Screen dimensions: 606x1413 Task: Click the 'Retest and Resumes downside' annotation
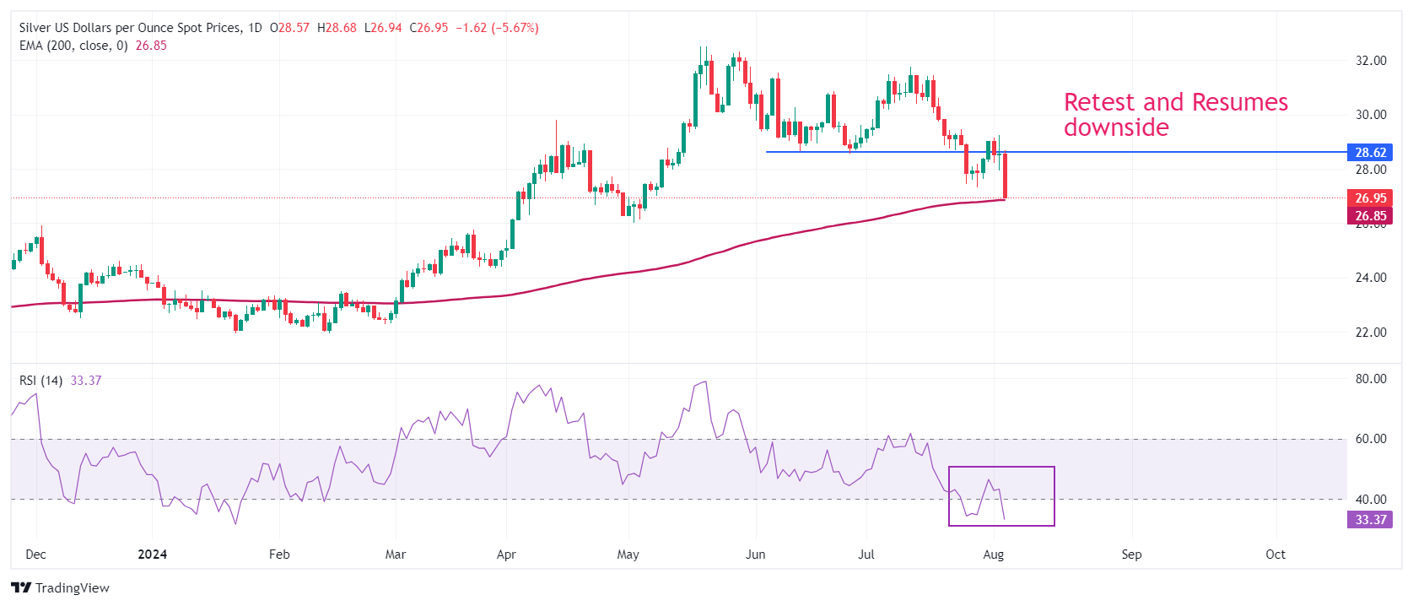[x=1175, y=115]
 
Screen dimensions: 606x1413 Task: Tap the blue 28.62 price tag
[x=1370, y=153]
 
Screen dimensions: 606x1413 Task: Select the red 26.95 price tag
[x=1370, y=198]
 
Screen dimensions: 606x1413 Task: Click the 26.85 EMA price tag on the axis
[x=1370, y=216]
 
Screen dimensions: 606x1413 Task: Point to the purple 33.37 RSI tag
[x=1370, y=520]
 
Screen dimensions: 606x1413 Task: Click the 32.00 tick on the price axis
[x=1371, y=61]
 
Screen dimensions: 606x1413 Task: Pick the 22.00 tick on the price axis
[x=1371, y=333]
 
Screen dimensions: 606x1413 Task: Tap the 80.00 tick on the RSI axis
[x=1371, y=379]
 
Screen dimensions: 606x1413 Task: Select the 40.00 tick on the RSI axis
[x=1371, y=500]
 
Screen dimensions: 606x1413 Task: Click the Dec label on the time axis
[x=36, y=555]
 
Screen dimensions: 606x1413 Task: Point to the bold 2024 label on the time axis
[x=153, y=555]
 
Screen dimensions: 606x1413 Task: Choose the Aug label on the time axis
[x=994, y=555]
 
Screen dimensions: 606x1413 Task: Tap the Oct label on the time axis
[x=1275, y=555]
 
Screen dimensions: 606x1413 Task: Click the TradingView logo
[x=61, y=588]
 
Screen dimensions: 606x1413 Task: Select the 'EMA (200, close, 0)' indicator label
[x=73, y=46]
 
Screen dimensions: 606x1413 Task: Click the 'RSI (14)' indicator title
[x=40, y=381]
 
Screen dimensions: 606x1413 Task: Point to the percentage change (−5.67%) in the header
[x=515, y=28]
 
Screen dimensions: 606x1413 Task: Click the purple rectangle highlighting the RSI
[x=1001, y=496]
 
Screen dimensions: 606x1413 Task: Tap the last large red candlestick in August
[x=1005, y=176]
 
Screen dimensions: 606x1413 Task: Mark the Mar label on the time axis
[x=395, y=555]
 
